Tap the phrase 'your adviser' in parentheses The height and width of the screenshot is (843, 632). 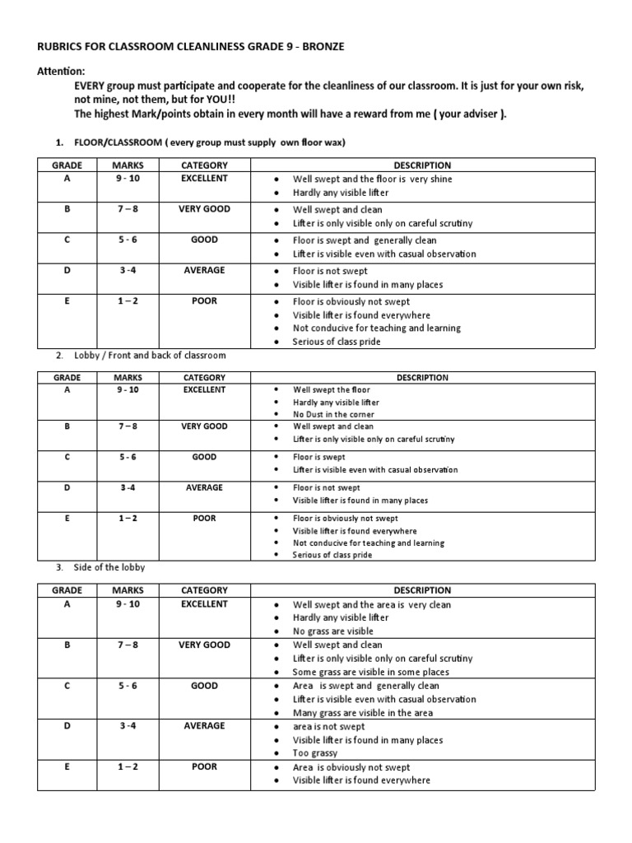coord(467,114)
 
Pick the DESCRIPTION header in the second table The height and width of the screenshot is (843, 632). coord(422,378)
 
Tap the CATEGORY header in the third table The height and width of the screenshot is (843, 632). coord(204,590)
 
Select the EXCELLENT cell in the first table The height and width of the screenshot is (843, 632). coord(204,179)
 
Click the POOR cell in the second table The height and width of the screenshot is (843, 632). coord(204,518)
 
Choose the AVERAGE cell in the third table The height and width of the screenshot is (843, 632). coord(204,726)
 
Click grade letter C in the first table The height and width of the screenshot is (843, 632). coord(67,240)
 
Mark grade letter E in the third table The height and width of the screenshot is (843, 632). coord(67,766)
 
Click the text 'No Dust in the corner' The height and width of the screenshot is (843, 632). coord(333,415)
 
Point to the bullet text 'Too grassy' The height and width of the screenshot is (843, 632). coord(315,753)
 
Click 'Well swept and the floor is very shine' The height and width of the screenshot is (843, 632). coord(372,179)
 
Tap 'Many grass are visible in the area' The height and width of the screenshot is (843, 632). coord(363,713)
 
